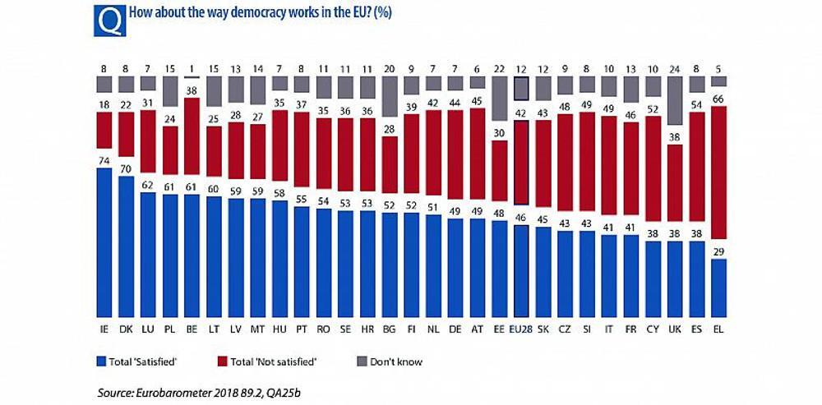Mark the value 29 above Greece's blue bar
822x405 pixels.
click(718, 251)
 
